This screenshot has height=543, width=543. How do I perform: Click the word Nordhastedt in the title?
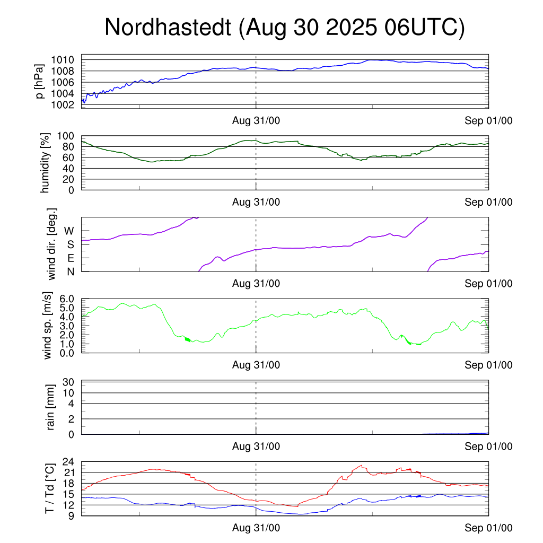pyautogui.click(x=168, y=28)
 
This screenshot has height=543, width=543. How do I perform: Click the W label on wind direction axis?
pyautogui.click(x=69, y=231)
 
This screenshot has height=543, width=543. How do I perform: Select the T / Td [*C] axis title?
pyautogui.click(x=49, y=488)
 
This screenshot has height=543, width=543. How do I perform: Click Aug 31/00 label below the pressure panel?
pyautogui.click(x=256, y=120)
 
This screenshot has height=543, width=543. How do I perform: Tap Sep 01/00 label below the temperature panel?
pyautogui.click(x=488, y=528)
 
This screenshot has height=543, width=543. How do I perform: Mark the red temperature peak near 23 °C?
pyautogui.click(x=362, y=466)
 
